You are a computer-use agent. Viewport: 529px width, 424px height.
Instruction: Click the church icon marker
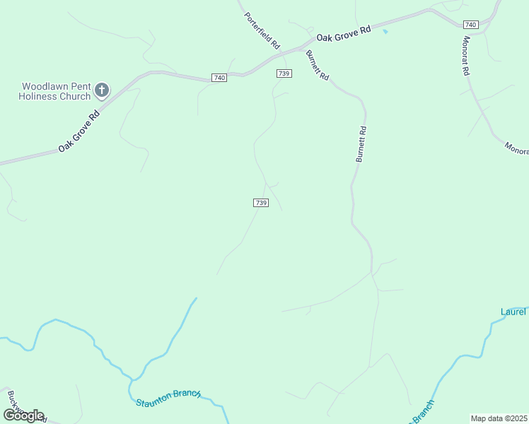point(102,90)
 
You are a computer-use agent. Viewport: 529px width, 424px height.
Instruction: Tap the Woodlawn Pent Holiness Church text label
point(55,91)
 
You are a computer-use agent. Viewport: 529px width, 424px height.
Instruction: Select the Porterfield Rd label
point(262,30)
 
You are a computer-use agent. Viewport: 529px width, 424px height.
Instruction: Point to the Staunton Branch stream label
point(168,398)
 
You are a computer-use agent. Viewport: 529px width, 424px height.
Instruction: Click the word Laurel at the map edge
point(514,312)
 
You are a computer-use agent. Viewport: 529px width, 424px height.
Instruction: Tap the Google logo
point(23,416)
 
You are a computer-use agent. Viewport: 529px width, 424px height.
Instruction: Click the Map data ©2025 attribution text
point(499,418)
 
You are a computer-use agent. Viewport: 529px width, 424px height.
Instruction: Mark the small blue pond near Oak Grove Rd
point(385,31)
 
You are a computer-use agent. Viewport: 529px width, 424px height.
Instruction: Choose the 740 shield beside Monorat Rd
point(472,25)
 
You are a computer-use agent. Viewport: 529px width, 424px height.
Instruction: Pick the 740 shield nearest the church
point(219,77)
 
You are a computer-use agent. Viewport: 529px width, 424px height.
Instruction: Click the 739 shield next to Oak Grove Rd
point(284,73)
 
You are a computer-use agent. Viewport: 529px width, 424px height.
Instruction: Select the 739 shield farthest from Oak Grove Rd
point(260,203)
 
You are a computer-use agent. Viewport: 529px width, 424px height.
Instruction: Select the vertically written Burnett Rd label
point(361,144)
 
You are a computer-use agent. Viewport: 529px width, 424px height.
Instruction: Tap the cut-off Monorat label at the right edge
point(516,148)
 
